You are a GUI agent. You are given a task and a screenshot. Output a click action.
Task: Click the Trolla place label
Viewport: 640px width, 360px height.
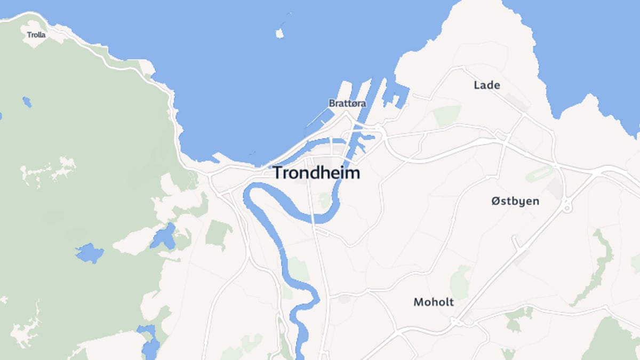[36, 35]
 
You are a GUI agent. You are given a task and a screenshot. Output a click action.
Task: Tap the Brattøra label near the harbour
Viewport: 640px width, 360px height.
[347, 103]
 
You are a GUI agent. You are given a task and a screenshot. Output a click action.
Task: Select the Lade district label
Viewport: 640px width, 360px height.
[487, 85]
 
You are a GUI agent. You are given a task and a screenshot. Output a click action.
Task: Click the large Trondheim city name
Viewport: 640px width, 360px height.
[316, 173]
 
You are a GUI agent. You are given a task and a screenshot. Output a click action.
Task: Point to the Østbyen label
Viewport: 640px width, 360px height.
[515, 202]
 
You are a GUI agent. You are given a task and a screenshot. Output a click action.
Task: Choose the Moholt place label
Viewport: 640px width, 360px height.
[434, 302]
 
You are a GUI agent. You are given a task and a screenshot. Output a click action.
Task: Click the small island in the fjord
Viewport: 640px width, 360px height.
[279, 34]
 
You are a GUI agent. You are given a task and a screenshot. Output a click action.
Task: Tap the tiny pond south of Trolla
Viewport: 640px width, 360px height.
[27, 101]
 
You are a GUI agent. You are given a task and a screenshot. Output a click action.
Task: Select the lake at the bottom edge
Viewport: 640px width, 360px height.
[149, 341]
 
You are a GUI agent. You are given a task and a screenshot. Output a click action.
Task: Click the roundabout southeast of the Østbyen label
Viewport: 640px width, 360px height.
[567, 205]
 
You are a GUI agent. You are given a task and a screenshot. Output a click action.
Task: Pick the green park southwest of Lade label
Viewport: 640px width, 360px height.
[446, 115]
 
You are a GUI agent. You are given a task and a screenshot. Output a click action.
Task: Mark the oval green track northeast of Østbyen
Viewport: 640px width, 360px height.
[539, 173]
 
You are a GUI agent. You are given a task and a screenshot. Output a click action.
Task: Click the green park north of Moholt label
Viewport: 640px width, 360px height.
[459, 282]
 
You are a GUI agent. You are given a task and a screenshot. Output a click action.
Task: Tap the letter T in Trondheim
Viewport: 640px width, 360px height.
[278, 173]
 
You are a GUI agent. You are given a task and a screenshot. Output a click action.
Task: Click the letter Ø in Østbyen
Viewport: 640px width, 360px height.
[495, 202]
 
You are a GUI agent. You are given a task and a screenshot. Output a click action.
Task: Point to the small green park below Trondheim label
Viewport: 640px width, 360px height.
[324, 201]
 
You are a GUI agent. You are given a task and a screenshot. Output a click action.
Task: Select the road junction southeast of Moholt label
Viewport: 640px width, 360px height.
[456, 322]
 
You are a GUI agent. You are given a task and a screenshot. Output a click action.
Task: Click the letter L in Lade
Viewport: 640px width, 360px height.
[477, 85]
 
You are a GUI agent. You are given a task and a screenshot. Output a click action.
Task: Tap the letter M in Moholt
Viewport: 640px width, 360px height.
[419, 302]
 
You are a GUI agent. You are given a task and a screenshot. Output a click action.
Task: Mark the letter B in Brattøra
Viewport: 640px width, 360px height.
[332, 103]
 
